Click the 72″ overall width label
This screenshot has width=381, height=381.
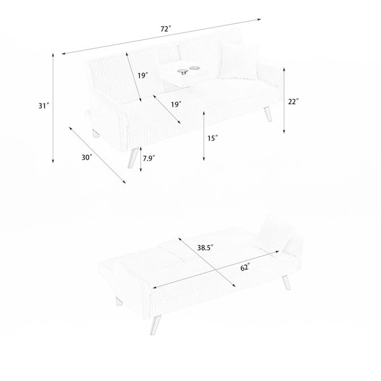[x=166, y=29]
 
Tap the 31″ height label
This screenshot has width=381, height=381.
[x=44, y=106]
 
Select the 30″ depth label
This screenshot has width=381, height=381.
[x=87, y=157]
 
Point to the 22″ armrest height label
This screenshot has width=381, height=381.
[x=293, y=102]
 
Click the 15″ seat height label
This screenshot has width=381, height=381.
[x=213, y=138]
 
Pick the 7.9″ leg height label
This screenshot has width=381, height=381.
[x=149, y=158]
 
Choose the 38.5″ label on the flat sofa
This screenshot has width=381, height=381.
[x=205, y=248]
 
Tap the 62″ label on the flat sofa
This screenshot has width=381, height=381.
[x=245, y=268]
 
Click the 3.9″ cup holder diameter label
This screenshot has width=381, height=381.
[x=184, y=73]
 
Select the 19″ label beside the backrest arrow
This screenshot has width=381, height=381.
[x=143, y=76]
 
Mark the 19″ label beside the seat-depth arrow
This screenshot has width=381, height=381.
[x=176, y=105]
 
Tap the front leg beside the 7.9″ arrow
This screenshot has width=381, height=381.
[x=133, y=157]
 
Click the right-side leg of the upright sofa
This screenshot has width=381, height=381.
[x=268, y=114]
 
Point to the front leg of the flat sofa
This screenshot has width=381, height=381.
[x=156, y=325]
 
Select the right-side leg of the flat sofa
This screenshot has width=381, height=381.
[x=286, y=283]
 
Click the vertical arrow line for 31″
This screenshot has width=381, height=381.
[x=53, y=108]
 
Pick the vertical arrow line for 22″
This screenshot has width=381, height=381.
[x=284, y=100]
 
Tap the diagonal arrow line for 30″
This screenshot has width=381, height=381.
[x=97, y=155]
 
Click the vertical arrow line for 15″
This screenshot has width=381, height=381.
[x=204, y=136]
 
